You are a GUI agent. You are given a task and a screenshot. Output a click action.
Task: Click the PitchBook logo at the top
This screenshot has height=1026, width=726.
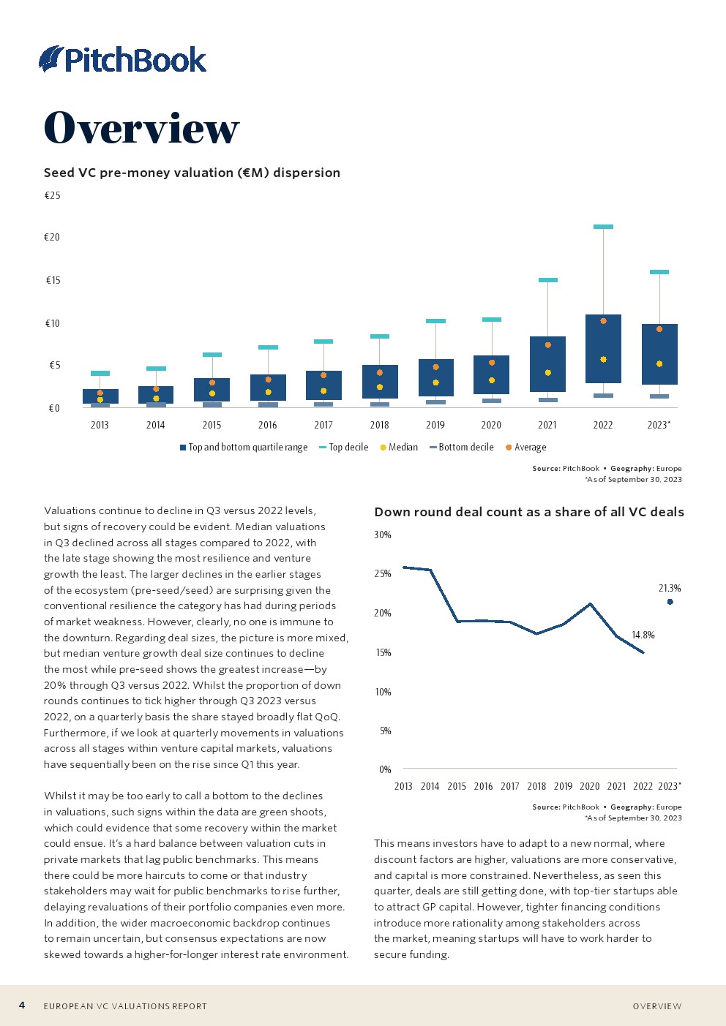click(123, 59)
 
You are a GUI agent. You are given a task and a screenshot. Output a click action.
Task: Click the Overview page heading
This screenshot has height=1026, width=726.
click(141, 128)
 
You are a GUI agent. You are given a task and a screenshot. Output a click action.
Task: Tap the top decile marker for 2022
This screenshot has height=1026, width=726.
click(603, 227)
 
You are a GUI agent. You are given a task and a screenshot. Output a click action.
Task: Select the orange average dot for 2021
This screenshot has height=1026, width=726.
click(547, 345)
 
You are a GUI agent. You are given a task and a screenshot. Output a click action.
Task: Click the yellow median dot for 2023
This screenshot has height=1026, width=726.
click(659, 363)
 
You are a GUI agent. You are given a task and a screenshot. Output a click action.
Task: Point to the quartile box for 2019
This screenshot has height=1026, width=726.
click(435, 377)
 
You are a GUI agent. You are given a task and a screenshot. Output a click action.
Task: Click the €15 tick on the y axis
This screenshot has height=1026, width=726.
click(53, 280)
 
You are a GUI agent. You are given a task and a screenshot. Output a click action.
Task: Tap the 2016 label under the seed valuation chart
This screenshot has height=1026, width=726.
click(268, 425)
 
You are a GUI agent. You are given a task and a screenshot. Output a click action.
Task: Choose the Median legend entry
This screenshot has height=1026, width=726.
click(399, 447)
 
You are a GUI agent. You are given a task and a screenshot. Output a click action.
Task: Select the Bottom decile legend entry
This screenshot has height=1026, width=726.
click(462, 447)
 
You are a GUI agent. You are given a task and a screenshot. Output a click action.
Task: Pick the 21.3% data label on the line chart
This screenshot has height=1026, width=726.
click(670, 588)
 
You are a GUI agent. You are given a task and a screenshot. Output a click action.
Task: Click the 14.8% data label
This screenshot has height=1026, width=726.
click(643, 635)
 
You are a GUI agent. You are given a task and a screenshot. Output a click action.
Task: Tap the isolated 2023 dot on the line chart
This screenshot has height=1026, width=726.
click(670, 602)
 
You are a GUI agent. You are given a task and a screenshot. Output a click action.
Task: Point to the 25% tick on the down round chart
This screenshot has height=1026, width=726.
click(383, 573)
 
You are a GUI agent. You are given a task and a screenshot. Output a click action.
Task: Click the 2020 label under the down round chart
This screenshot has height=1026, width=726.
click(590, 786)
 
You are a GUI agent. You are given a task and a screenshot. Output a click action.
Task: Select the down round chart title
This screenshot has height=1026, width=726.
click(528, 512)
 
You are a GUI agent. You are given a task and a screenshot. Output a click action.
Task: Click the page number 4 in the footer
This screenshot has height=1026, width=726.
click(22, 1005)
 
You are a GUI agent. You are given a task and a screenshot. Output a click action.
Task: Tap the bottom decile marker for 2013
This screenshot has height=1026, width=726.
click(100, 404)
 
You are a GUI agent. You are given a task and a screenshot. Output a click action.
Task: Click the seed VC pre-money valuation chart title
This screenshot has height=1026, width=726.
click(192, 173)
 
